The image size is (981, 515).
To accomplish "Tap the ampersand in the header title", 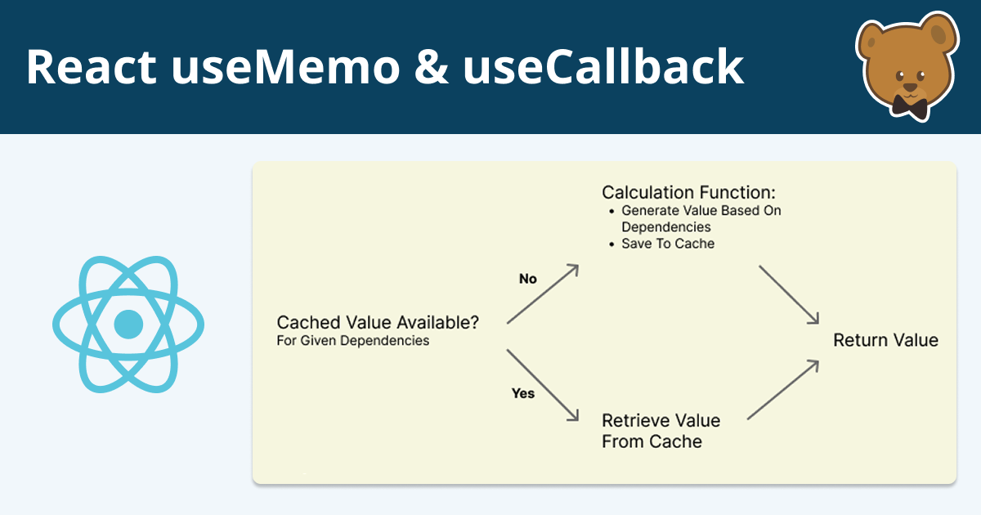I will [x=431, y=67].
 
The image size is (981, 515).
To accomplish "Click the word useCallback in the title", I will [x=603, y=67].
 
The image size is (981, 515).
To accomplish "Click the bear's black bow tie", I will [x=909, y=105].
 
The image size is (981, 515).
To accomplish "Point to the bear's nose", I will [x=908, y=84].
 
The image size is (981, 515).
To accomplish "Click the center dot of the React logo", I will [x=128, y=324].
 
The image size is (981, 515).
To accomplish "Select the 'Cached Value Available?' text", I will [x=378, y=322].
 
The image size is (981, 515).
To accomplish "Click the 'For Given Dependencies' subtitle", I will [x=353, y=341].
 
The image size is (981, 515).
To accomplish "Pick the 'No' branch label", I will [x=528, y=279].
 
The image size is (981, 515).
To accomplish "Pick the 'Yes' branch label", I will [x=523, y=393].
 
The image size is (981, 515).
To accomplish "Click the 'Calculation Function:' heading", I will [x=688, y=193].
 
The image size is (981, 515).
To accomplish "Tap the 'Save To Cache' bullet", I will [x=668, y=244].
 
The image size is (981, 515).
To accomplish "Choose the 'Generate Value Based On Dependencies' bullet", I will [x=701, y=218].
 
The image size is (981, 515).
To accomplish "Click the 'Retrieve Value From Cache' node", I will [x=661, y=431].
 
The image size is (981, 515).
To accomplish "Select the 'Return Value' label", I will [x=885, y=340].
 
